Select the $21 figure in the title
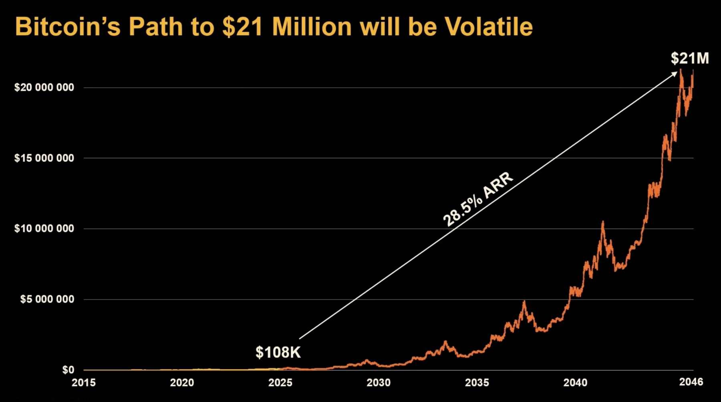244,27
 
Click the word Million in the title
312,27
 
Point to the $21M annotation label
690,59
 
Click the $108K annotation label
278,352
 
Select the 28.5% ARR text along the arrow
477,199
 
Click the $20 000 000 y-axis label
44,87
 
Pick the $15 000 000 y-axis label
44,158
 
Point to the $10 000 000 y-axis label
44,228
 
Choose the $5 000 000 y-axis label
47,299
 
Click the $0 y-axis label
68,370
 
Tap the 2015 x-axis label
84,383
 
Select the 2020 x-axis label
182,383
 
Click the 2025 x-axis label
280,383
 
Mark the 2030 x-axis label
379,383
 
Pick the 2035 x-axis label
477,383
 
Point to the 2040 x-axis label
575,383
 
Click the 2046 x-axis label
691,382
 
